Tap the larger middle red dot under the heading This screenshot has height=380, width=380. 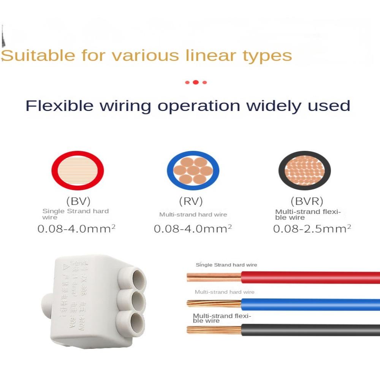coord(195,82)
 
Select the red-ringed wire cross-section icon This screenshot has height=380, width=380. coord(78,171)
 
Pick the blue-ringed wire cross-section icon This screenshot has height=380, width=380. coord(193,171)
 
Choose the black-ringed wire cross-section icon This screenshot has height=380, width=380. coord(305,171)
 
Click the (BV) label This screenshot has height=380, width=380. coord(78,201)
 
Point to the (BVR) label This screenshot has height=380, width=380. coord(307,201)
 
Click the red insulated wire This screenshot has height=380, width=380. coord(310,277)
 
